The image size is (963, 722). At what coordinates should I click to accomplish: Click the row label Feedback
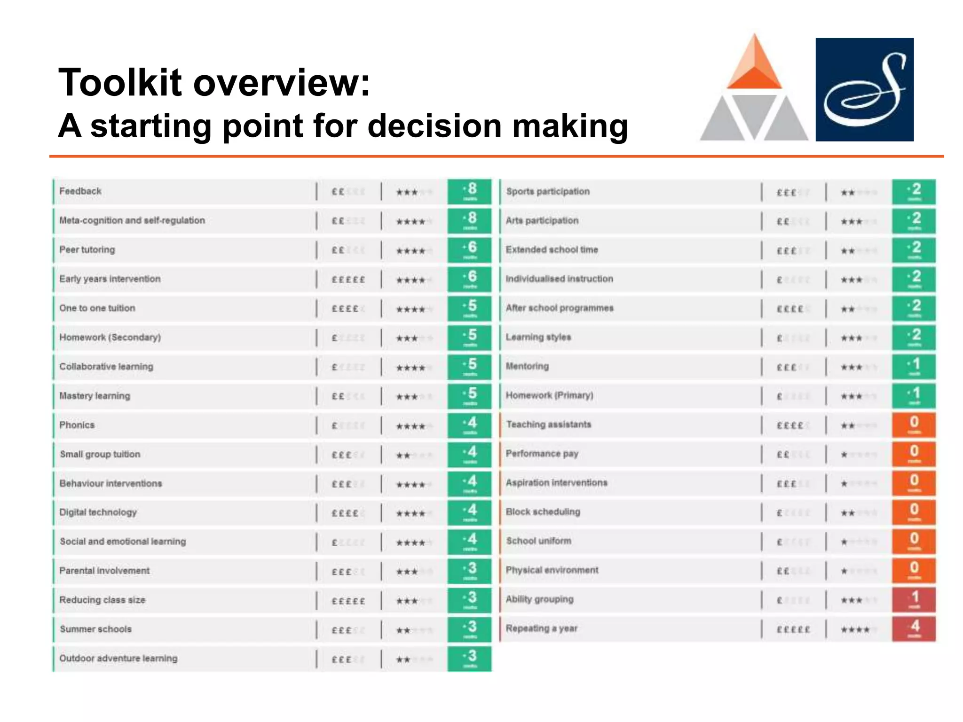80,191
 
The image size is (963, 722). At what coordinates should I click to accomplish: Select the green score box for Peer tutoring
469,250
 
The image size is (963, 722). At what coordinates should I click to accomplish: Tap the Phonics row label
77,425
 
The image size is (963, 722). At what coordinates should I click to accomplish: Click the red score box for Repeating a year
913,629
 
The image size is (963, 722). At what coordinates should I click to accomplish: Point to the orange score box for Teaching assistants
913,424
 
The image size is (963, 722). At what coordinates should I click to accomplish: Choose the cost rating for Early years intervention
348,279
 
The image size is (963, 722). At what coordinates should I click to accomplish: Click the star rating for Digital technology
410,513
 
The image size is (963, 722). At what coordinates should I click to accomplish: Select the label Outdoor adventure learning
118,658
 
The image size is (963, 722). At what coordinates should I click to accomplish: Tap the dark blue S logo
864,89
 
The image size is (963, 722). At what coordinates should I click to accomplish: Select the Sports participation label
548,191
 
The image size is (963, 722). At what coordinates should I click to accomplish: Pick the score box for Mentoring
913,366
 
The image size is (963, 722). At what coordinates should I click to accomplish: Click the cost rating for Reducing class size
348,601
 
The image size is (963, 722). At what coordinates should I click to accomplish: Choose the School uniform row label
539,541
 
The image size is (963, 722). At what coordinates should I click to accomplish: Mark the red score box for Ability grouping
913,599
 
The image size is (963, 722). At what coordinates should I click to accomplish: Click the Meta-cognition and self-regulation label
132,220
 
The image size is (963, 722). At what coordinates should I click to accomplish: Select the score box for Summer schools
469,629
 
